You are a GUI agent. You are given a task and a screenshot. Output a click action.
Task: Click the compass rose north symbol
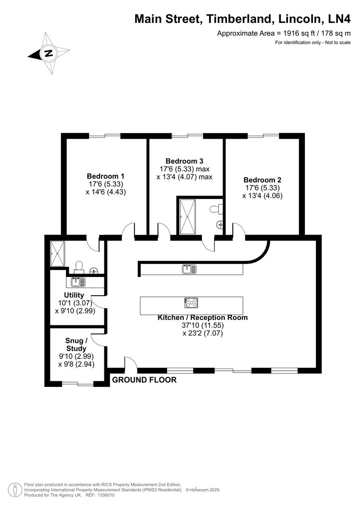[x=49, y=53]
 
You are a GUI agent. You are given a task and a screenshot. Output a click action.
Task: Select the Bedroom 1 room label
[x=106, y=176]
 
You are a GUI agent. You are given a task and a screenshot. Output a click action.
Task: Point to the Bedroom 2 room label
[x=262, y=180]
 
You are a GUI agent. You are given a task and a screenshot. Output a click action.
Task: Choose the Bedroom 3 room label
[x=184, y=161]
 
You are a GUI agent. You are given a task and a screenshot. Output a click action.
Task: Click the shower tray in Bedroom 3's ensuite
[x=187, y=216]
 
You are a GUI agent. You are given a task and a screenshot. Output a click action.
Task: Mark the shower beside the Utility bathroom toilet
[x=57, y=254]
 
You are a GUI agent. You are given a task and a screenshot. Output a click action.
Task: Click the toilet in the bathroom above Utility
[x=78, y=266]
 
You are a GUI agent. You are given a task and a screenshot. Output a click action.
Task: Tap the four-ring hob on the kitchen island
[x=191, y=302]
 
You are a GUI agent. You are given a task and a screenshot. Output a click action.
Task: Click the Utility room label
[x=74, y=295]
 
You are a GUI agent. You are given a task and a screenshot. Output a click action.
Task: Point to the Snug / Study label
[x=76, y=344]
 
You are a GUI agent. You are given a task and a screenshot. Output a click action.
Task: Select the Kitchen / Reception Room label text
[x=202, y=317]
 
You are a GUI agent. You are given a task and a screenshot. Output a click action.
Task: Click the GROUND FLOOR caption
[x=144, y=380]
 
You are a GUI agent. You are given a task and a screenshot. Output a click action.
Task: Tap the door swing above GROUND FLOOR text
[x=130, y=363]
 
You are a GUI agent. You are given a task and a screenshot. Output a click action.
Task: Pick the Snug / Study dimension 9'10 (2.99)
[x=76, y=356]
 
